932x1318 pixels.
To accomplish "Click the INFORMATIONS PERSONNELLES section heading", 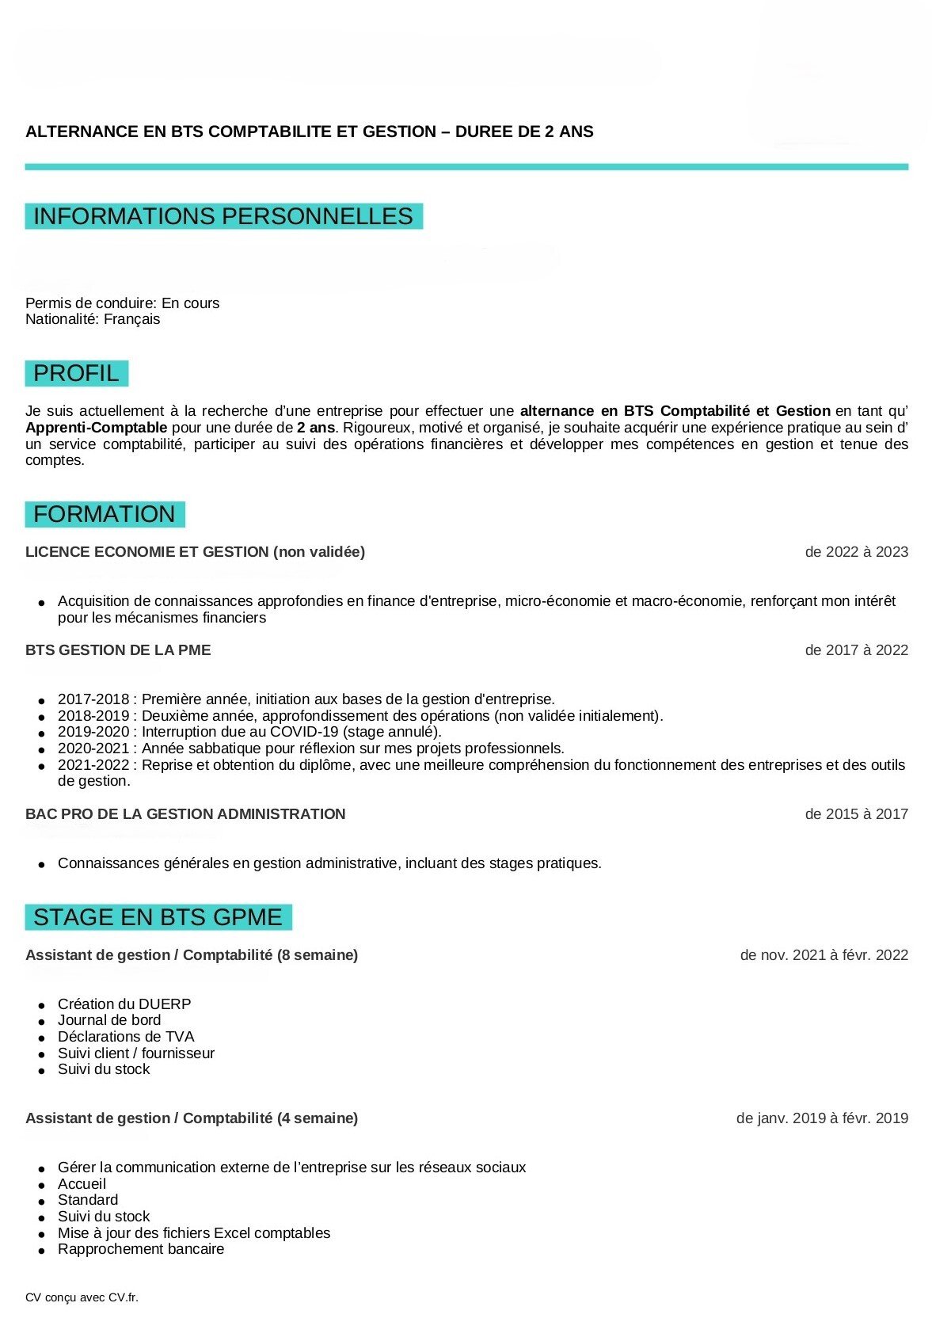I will pos(223,216).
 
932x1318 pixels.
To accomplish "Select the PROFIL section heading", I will pos(76,373).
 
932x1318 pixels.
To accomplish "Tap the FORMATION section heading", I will pos(105,514).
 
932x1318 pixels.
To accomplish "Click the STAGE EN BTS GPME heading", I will pos(158,917).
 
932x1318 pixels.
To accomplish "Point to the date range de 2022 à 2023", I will pos(856,552).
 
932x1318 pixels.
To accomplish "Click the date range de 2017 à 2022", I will pos(856,650).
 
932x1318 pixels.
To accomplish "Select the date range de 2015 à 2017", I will pos(856,814).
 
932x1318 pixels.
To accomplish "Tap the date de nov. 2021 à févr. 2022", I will pos(824,955).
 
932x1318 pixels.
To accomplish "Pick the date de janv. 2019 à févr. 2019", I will pos(822,1118).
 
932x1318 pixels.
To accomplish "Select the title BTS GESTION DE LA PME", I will pos(118,650).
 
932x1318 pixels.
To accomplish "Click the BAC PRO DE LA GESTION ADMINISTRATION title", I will pos(185,814).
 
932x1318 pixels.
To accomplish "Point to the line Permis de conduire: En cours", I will pos(122,303).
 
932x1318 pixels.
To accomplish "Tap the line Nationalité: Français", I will pos(93,319).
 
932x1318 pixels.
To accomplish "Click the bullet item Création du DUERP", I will pos(124,1004).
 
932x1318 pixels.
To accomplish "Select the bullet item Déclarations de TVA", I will pos(126,1037).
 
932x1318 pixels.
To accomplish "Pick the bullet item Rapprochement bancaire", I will pos(141,1249).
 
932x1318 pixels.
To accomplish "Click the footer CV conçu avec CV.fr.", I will pos(82,1297).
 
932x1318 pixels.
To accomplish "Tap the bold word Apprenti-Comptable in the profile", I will pos(96,428).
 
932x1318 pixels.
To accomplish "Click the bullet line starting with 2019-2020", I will pos(249,732).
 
